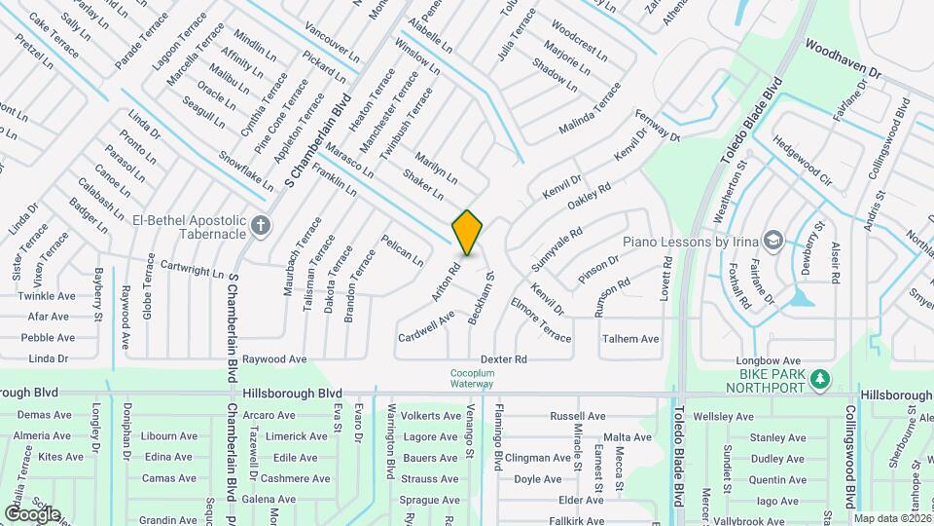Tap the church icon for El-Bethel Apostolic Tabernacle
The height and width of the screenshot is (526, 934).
pyautogui.click(x=260, y=227)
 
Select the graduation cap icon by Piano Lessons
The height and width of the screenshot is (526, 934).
pyautogui.click(x=772, y=240)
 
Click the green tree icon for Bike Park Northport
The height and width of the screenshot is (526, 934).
pyautogui.click(x=820, y=377)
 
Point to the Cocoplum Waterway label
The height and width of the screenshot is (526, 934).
pyautogui.click(x=473, y=378)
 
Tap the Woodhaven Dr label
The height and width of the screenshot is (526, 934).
pyautogui.click(x=843, y=58)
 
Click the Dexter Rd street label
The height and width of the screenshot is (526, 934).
pyautogui.click(x=503, y=359)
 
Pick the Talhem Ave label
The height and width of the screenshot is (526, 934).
pyautogui.click(x=630, y=339)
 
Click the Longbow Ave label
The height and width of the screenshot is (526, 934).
pyautogui.click(x=768, y=360)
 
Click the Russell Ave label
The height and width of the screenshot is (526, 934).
pyautogui.click(x=571, y=416)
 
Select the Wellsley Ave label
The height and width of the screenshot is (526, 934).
pyautogui.click(x=722, y=417)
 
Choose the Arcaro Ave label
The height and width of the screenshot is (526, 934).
pyautogui.click(x=269, y=415)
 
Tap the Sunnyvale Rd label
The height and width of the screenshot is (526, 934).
pyautogui.click(x=557, y=248)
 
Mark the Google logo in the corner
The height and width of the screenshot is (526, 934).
pyautogui.click(x=32, y=513)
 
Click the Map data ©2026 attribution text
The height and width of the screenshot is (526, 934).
pyautogui.click(x=893, y=518)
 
